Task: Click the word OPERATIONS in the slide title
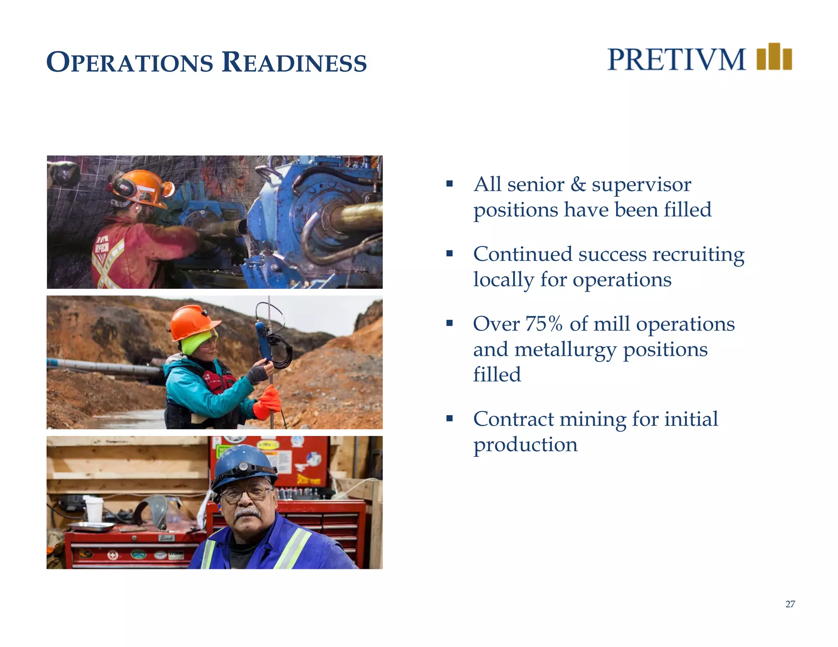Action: (x=130, y=63)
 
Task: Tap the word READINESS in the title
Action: (x=294, y=63)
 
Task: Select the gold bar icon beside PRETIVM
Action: (x=774, y=57)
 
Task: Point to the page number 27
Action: (x=790, y=604)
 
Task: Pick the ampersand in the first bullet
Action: (x=578, y=184)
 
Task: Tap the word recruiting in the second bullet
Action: (x=698, y=254)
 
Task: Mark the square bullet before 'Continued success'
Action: (x=450, y=254)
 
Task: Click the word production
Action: (x=525, y=445)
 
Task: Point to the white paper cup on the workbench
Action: (x=94, y=509)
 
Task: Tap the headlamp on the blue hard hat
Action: (x=243, y=467)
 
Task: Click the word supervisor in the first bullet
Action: (x=641, y=184)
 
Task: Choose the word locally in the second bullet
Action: (x=503, y=280)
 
